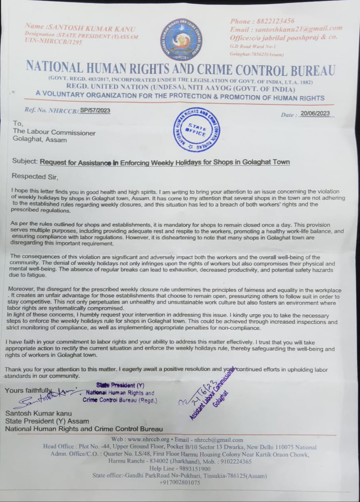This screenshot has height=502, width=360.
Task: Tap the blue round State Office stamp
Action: [196, 130]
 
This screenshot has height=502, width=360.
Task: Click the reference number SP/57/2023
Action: [95, 110]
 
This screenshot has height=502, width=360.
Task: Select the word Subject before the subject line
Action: [25, 162]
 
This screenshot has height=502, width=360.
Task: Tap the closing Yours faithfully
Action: [28, 390]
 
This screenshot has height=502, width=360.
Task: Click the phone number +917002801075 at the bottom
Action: [180, 482]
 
